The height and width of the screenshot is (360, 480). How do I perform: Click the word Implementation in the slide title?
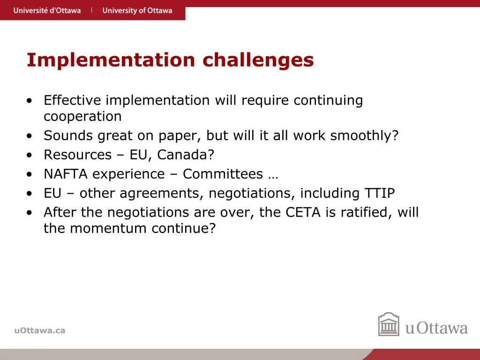[x=110, y=60]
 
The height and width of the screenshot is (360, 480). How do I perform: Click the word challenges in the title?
[x=258, y=60]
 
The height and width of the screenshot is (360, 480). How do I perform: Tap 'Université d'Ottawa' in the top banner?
[x=47, y=10]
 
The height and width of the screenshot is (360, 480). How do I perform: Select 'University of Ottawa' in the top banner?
[x=137, y=10]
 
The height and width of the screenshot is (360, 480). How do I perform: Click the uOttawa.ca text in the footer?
[x=40, y=330]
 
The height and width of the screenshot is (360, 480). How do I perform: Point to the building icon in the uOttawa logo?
[x=389, y=324]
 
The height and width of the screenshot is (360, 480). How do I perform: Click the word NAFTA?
[x=66, y=174]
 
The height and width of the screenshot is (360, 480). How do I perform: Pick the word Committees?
[x=223, y=174]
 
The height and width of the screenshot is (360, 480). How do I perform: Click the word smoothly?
[x=364, y=135]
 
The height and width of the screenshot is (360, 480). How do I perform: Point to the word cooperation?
[x=82, y=116]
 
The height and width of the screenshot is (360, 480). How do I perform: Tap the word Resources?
[x=78, y=155]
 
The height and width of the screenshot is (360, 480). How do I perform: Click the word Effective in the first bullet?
[x=73, y=100]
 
